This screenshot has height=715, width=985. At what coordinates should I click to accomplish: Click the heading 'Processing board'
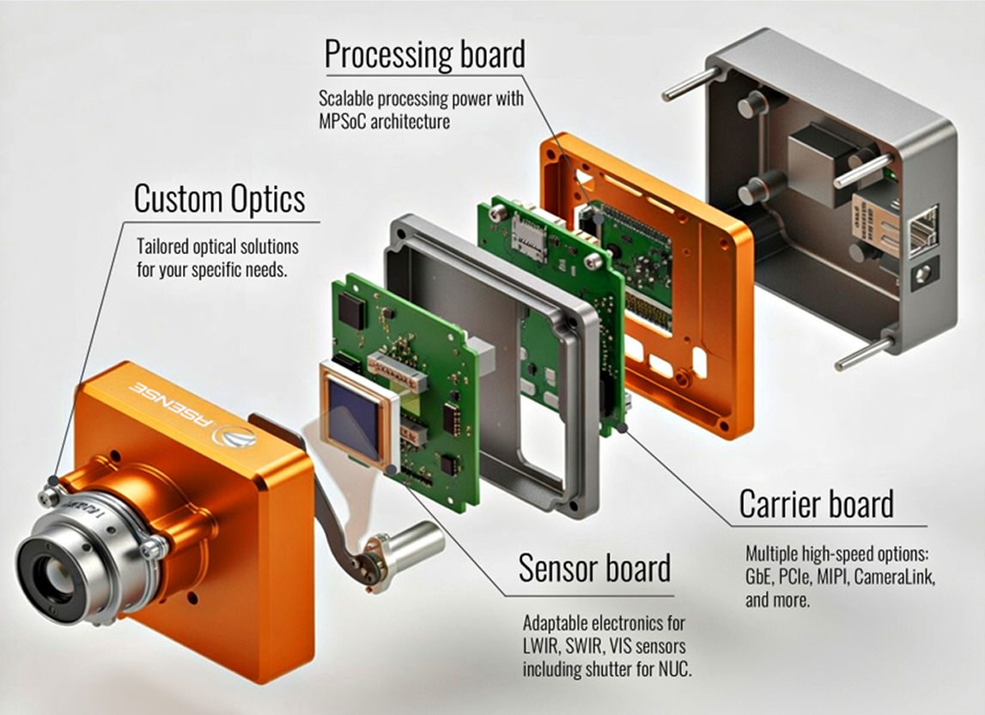(423, 56)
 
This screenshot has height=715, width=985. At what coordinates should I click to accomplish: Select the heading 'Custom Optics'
(219, 199)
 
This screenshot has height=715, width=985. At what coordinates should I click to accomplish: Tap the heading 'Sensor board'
(594, 568)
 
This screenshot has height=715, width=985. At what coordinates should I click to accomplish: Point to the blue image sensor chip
(354, 415)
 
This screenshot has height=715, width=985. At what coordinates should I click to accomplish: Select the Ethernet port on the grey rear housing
(921, 230)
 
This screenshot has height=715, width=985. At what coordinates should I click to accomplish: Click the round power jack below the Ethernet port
(923, 274)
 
